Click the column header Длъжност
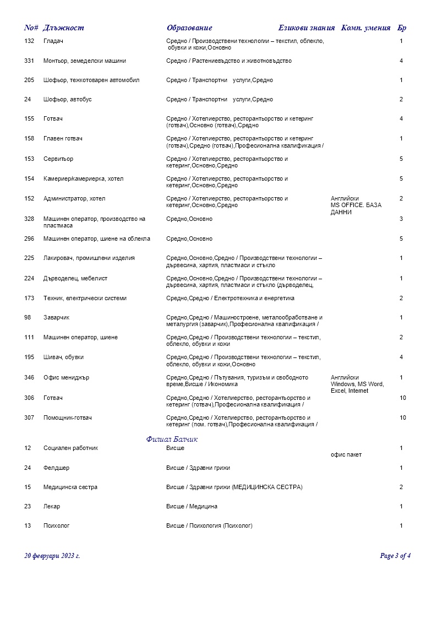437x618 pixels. (x=63, y=28)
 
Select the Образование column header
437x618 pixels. (x=189, y=28)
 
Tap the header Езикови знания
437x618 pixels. (x=307, y=28)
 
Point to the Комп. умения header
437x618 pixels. (x=366, y=28)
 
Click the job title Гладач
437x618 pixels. (x=53, y=41)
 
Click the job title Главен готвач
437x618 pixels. (x=63, y=139)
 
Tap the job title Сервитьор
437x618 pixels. (x=58, y=159)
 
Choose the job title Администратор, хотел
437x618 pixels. (x=74, y=199)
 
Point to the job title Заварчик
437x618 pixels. (x=57, y=318)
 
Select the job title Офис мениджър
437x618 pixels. (x=66, y=378)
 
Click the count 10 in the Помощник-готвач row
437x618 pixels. (x=403, y=418)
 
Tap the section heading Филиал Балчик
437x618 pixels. (x=172, y=440)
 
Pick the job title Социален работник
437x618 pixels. (x=70, y=448)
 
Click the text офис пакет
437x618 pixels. (x=346, y=455)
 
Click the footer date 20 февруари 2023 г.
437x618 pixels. (x=52, y=556)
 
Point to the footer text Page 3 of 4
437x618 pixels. (x=395, y=556)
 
